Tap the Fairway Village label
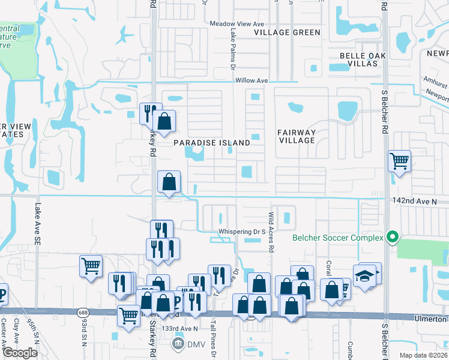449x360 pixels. [297, 136]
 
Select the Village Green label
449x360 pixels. [287, 32]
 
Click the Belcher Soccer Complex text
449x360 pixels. [337, 238]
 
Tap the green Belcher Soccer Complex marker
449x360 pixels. [393, 237]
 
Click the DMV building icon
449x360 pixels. [178, 343]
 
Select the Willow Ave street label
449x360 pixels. [252, 80]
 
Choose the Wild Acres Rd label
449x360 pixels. [271, 231]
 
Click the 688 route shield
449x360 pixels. [83, 313]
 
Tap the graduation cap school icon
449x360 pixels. [364, 276]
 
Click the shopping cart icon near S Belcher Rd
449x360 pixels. [399, 161]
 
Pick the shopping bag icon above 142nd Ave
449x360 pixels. [169, 181]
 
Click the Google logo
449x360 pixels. [20, 353]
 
